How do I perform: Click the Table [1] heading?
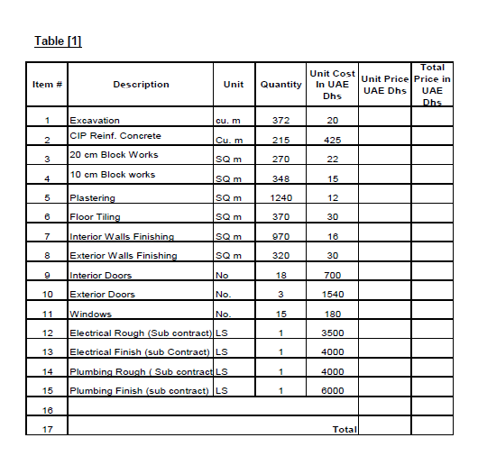point(58,41)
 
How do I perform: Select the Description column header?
point(141,85)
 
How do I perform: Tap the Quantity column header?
point(280,85)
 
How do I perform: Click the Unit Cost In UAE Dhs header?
point(332,85)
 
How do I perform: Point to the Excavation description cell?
point(95,120)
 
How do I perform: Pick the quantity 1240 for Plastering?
point(280,198)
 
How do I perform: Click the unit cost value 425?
point(332,141)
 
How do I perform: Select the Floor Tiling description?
point(95,217)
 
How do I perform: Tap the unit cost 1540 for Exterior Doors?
point(332,295)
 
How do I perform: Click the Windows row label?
point(90,315)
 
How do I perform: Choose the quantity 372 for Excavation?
point(280,120)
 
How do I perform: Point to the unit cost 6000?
point(332,391)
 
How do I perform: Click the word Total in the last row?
point(345,430)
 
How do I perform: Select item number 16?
point(47,411)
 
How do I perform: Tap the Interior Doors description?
point(100,276)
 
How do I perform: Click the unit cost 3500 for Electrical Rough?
point(332,333)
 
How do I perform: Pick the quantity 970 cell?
point(280,237)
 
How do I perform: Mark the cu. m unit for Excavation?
point(227,120)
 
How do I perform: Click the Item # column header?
point(47,85)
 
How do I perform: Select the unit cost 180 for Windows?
point(332,315)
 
